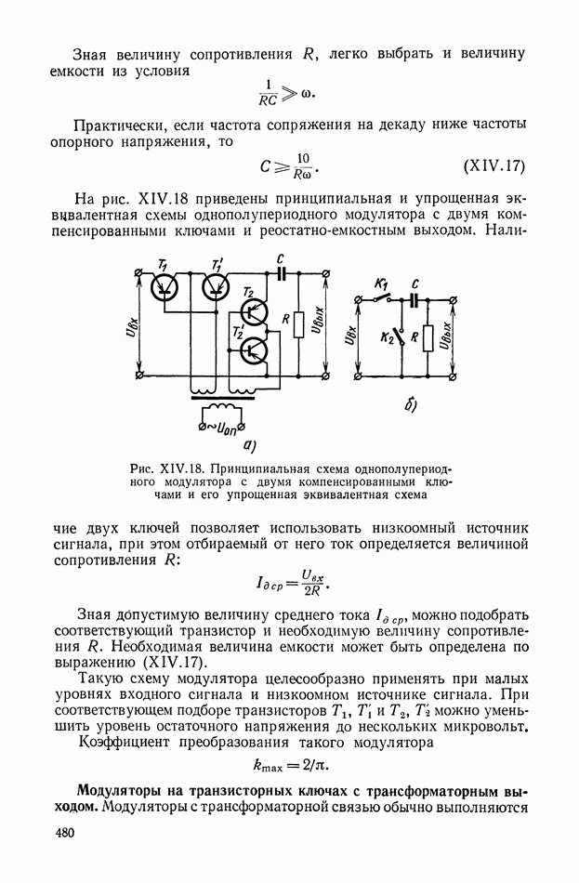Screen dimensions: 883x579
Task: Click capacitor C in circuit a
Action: point(281,273)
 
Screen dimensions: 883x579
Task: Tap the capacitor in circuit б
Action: point(415,300)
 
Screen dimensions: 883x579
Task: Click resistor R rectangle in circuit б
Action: point(428,338)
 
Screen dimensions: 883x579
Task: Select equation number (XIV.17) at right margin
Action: point(494,167)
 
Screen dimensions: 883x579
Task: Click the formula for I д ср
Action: point(289,585)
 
